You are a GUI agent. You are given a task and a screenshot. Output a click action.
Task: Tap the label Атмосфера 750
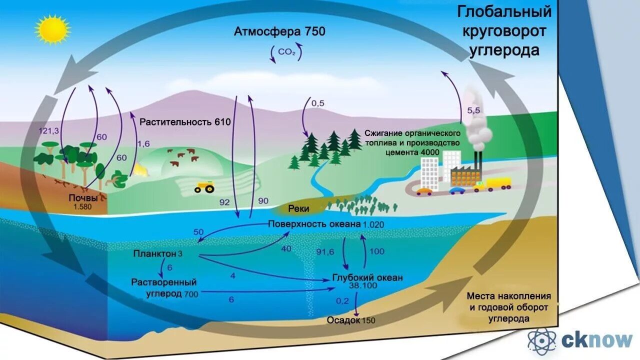point(279,31)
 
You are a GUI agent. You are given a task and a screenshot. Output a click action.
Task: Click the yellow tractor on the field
point(204,187)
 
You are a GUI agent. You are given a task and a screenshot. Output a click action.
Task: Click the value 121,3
point(49,130)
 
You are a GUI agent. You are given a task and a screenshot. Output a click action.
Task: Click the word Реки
point(298,209)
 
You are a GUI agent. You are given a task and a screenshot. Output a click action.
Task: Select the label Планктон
point(154,254)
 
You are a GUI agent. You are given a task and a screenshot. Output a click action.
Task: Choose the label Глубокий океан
point(367,278)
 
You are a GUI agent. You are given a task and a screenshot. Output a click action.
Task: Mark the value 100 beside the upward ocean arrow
point(376,251)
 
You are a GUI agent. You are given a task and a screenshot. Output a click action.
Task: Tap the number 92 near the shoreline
point(224,202)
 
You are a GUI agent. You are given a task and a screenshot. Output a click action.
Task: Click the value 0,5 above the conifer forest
point(318,103)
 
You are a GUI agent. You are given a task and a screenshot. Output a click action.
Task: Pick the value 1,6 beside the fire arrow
point(143,144)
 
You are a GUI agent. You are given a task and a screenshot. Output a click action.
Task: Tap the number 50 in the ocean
point(198,232)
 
